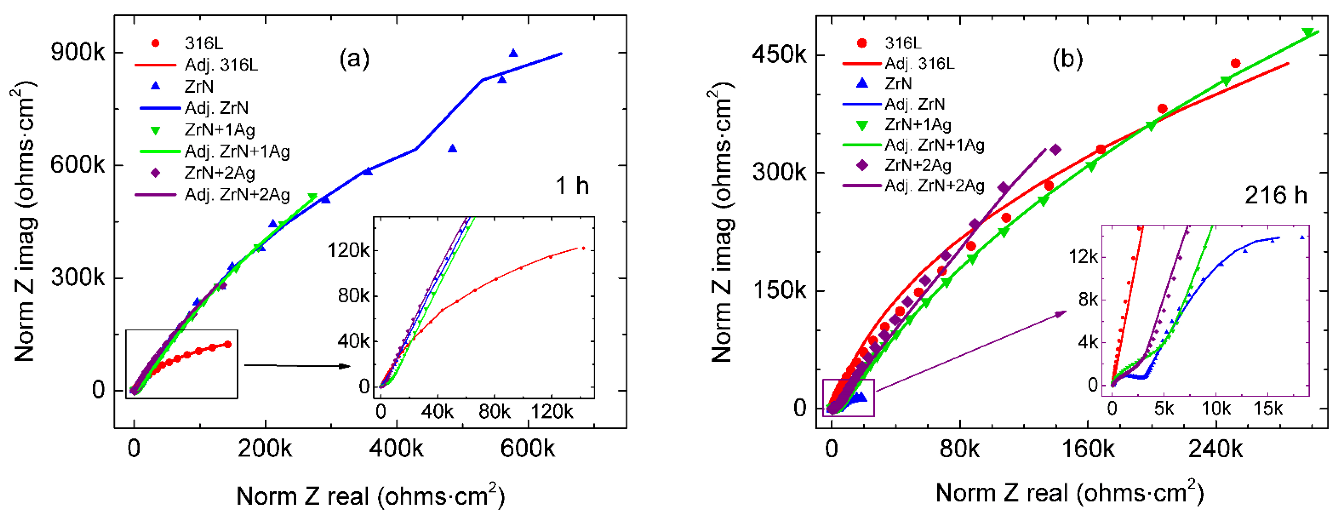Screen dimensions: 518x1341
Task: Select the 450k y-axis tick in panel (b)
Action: (778, 54)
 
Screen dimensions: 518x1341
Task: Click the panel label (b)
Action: (1067, 59)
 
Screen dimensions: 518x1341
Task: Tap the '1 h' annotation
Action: (572, 186)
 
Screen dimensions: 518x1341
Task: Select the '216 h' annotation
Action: (1275, 195)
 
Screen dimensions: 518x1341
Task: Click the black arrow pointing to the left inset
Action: (297, 365)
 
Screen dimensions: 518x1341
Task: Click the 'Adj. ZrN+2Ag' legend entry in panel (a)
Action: (237, 195)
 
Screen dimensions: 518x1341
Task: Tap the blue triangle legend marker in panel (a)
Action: (155, 86)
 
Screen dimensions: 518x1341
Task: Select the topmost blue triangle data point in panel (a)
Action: (513, 53)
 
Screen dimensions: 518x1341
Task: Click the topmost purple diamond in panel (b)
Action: (1055, 150)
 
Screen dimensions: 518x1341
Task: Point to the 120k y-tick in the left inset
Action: (348, 250)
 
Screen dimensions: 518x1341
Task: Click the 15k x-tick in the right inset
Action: (1268, 409)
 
